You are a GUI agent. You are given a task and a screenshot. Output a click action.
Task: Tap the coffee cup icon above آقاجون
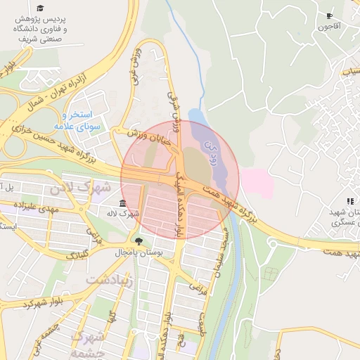coord(329,15)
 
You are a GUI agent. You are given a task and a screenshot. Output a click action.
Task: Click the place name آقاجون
coord(329,27)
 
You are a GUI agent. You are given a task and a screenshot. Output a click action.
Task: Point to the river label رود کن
coord(210,150)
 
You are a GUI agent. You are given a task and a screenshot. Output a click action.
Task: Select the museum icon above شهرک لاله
coord(123,202)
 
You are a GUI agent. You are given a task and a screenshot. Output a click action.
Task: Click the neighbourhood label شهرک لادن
coord(70,187)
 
